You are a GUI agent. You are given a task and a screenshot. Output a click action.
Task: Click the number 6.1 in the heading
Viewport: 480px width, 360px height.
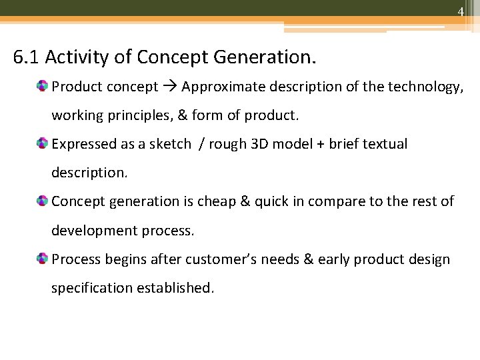pos(27,57)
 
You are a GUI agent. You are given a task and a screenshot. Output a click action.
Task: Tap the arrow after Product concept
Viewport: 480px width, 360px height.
pos(169,87)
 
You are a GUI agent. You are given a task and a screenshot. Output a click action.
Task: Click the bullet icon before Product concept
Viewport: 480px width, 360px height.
pos(43,87)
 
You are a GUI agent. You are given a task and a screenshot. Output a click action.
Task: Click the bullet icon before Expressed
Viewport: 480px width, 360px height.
pos(43,144)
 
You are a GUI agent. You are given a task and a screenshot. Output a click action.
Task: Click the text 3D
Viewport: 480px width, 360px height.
pos(257,144)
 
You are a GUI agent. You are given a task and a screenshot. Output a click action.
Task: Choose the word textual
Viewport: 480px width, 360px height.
pos(384,144)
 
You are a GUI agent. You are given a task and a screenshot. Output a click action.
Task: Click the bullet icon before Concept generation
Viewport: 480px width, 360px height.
pos(43,201)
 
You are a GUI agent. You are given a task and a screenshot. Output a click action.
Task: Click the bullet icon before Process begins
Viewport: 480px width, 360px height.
pos(43,259)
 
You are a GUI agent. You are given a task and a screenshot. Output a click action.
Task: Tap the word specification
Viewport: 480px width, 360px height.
pos(92,288)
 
